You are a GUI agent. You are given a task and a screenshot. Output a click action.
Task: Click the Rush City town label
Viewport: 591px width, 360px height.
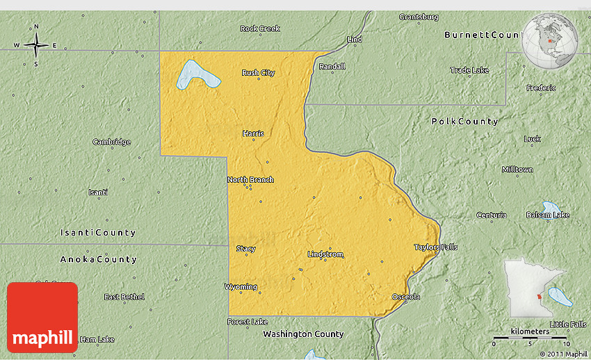coord(259,73)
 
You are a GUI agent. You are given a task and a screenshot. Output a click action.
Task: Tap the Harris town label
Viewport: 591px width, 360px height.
coord(253,133)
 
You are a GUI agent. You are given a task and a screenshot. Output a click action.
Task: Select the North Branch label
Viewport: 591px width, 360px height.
coord(250,180)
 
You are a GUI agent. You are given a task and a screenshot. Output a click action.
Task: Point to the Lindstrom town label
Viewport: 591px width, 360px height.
coord(325,254)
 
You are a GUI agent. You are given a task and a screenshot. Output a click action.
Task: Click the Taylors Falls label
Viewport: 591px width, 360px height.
coord(436,247)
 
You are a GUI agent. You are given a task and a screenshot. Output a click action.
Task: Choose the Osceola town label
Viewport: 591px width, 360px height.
coord(405,297)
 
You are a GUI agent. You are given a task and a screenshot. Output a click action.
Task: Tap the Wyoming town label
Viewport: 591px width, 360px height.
coord(241,287)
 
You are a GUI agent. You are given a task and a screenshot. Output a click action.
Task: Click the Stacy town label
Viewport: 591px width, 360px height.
coord(245,249)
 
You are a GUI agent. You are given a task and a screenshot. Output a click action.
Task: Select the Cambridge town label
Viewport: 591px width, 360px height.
coord(111,142)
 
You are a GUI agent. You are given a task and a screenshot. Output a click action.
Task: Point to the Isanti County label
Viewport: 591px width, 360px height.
coord(98,233)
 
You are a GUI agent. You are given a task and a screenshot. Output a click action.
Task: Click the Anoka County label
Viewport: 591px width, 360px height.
coord(99,259)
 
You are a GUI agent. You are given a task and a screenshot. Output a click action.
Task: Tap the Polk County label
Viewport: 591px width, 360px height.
coord(464,122)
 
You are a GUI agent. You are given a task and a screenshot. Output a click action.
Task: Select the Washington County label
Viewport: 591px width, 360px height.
coord(303,334)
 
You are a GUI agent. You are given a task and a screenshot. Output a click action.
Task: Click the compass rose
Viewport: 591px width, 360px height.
coord(36,45)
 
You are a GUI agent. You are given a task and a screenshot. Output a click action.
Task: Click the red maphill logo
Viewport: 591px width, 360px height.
coord(42,317)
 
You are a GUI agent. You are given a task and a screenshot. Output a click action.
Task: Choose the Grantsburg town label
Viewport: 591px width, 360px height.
coord(419,17)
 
